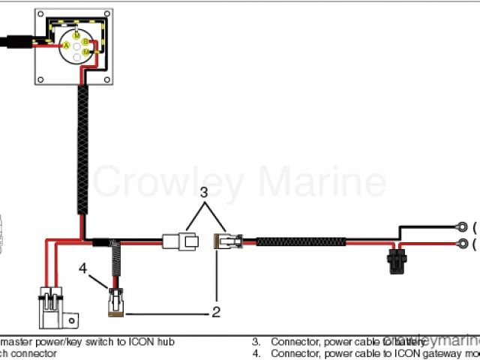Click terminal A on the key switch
(66, 46)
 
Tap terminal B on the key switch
(85, 42)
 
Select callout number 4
(84, 266)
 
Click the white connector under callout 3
(180, 241)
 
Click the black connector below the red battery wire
(395, 263)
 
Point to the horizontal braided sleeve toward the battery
(301, 241)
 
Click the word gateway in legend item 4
(424, 353)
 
